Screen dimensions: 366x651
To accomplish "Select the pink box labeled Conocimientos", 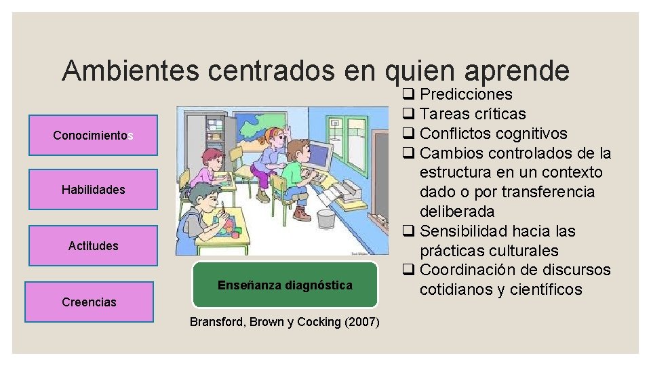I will click(94, 136).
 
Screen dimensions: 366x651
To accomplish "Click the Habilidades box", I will click(94, 190).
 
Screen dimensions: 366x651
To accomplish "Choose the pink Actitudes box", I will click(94, 246).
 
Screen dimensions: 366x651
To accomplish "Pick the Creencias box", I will click(89, 302).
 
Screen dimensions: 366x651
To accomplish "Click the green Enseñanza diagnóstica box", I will click(285, 285).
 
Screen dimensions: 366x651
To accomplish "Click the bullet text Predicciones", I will click(466, 94).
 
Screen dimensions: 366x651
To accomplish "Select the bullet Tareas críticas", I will click(473, 114).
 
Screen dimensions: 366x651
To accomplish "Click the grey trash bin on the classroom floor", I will click(326, 218).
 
